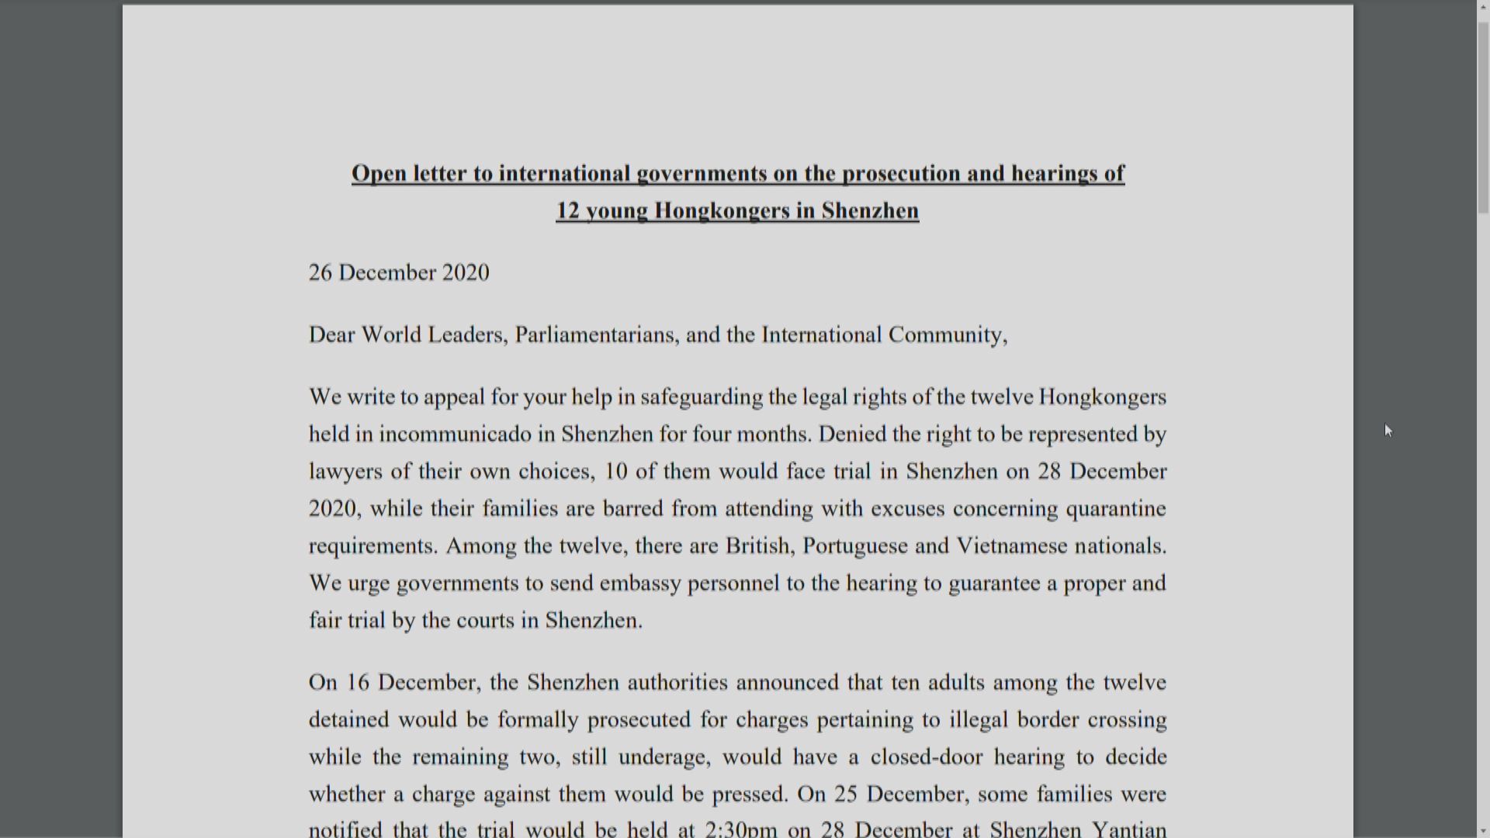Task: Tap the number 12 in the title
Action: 567,210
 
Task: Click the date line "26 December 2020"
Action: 399,272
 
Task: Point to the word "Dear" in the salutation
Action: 331,334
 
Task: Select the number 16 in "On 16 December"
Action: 358,682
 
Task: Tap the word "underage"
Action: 664,757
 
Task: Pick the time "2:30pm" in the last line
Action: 740,829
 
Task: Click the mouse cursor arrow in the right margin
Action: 1388,431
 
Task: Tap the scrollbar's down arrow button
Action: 1483,831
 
